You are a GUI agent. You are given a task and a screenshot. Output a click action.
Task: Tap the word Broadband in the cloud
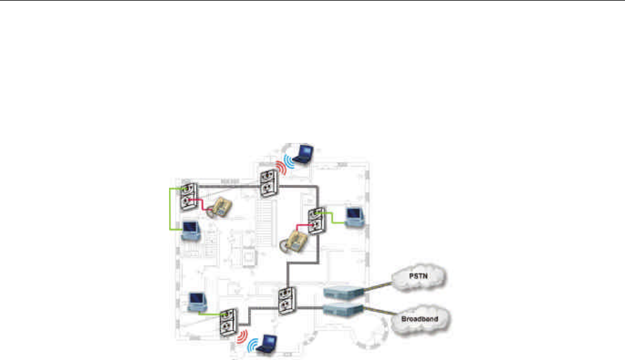[x=419, y=317]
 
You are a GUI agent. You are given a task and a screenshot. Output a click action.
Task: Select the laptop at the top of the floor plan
[x=302, y=153]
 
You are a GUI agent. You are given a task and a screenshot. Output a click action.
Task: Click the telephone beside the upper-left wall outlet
[x=218, y=207]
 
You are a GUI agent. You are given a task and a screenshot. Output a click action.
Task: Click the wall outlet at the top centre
[x=268, y=181]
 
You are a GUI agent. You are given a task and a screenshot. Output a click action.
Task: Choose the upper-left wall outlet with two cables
[x=189, y=195]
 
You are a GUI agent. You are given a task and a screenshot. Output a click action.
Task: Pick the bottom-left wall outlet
[x=227, y=322]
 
